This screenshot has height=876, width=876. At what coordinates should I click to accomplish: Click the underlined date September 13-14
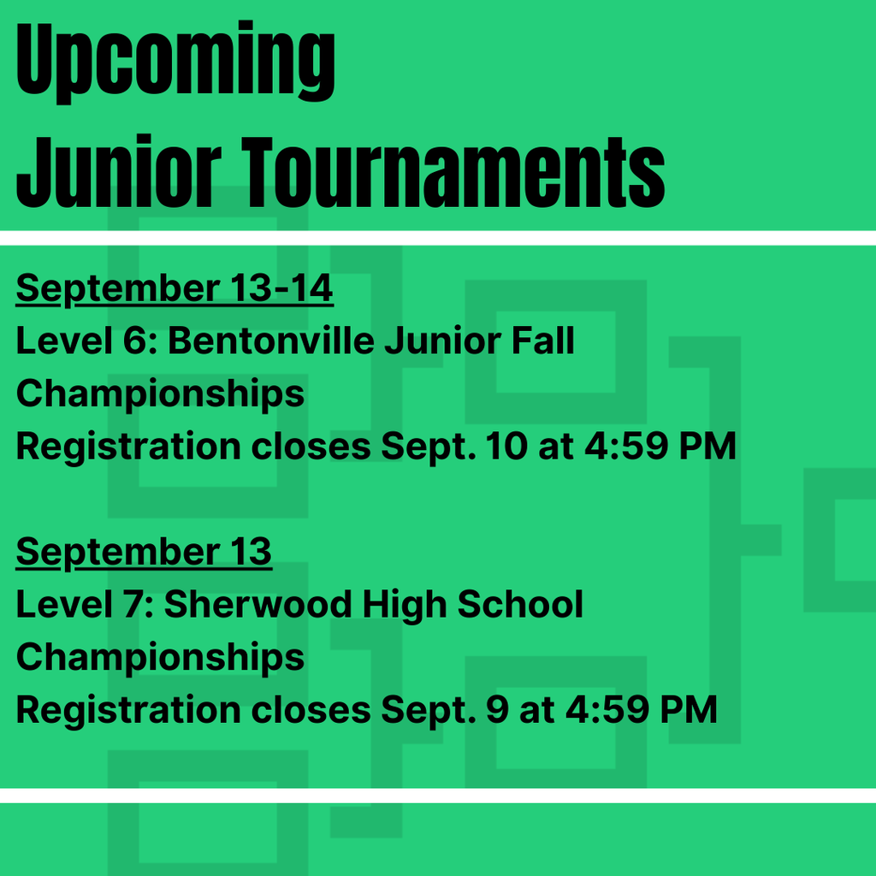click(175, 290)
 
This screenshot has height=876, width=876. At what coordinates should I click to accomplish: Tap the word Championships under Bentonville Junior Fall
click(160, 394)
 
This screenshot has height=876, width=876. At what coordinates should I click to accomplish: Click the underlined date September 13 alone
click(144, 553)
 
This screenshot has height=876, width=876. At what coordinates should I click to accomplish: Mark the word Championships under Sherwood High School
click(160, 658)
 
